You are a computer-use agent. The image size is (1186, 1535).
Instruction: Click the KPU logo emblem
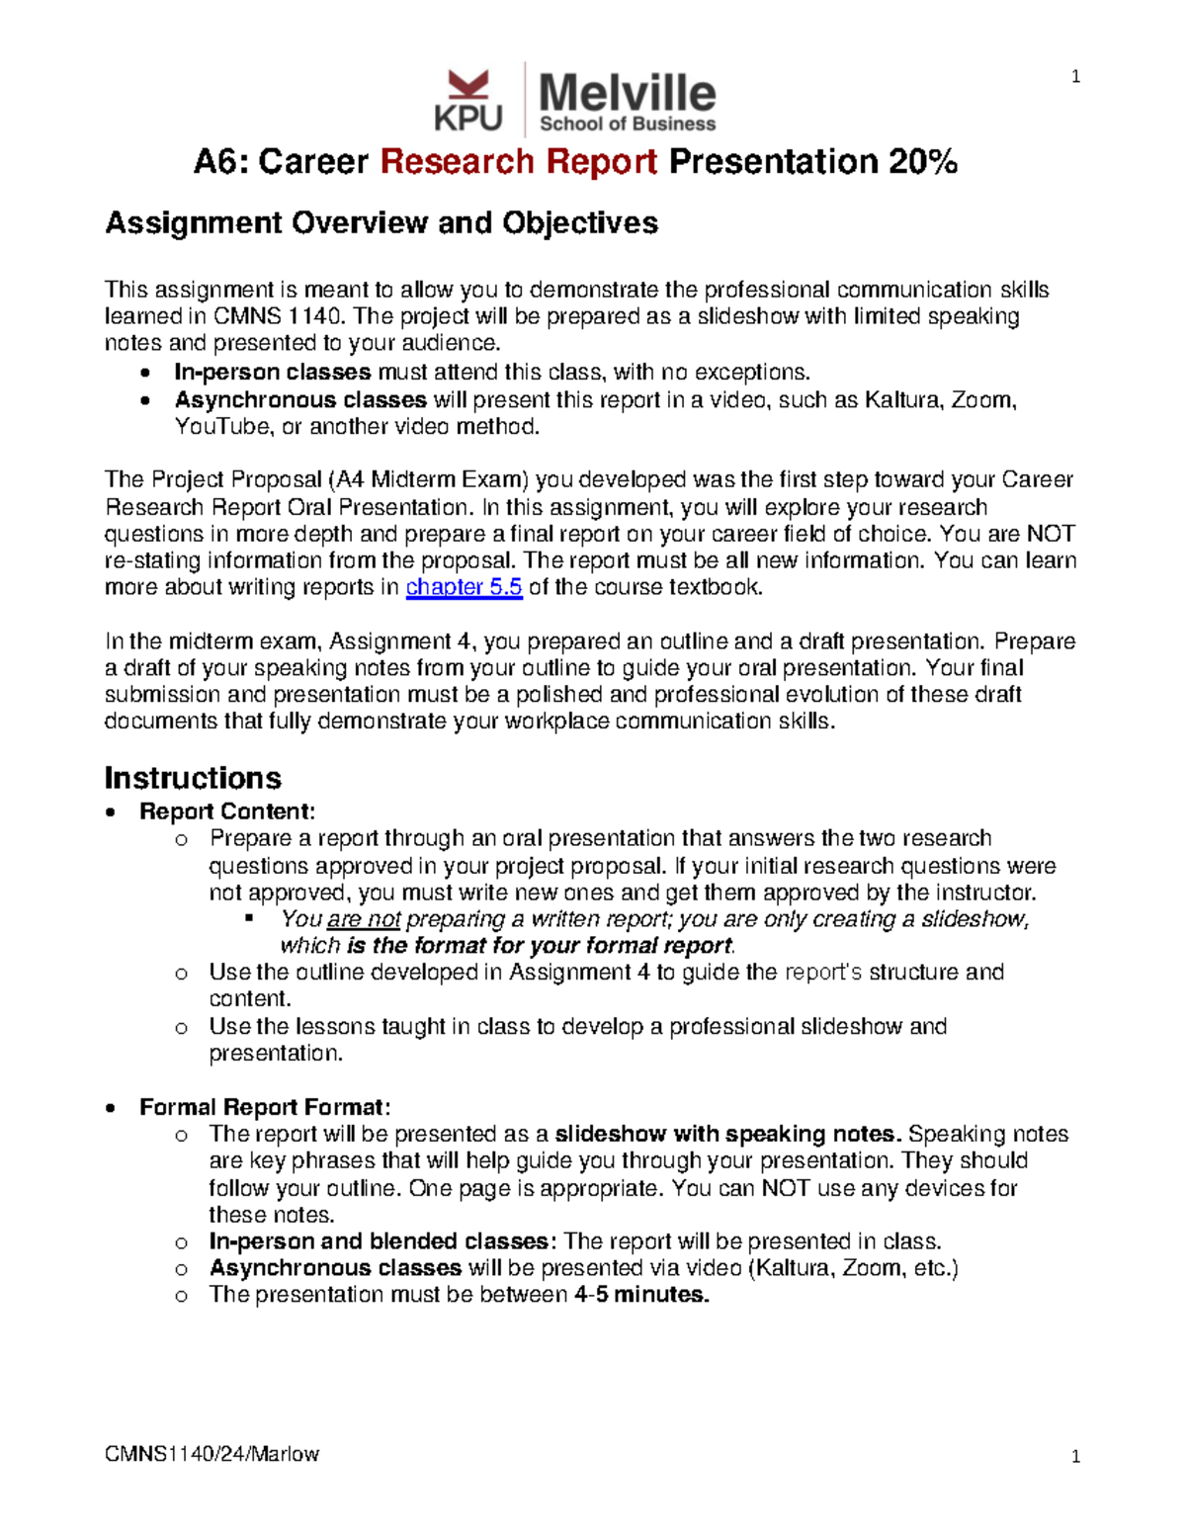click(467, 100)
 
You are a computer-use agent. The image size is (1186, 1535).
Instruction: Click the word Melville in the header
click(627, 93)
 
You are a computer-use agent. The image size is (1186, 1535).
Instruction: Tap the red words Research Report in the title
click(519, 161)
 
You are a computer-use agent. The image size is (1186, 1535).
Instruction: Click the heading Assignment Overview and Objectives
click(381, 222)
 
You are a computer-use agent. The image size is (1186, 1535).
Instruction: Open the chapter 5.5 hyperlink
click(464, 587)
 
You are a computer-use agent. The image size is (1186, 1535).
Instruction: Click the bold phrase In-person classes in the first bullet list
click(273, 373)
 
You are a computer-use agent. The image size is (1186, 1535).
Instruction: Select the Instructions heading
click(193, 778)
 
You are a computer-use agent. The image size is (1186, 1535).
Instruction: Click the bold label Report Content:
click(227, 811)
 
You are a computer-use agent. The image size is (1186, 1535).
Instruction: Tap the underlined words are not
click(363, 919)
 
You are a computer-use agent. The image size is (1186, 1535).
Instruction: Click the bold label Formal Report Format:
click(265, 1107)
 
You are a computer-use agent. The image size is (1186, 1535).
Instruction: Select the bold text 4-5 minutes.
click(640, 1295)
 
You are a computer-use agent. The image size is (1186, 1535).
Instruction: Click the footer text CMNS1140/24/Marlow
click(212, 1454)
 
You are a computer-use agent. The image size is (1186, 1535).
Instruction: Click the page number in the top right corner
click(1075, 77)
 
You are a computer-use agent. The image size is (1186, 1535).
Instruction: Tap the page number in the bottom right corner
click(1075, 1456)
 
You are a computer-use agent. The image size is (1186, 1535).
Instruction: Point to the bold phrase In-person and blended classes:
click(382, 1241)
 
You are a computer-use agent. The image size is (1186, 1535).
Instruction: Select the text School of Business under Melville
click(627, 125)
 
